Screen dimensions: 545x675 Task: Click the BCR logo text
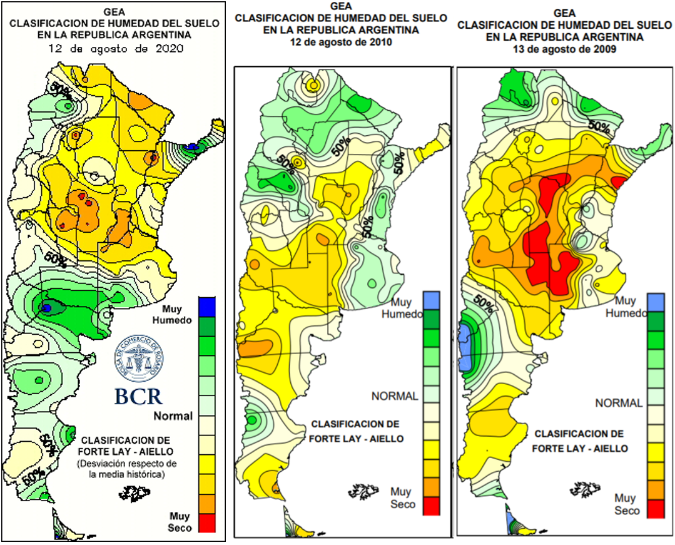[x=138, y=396]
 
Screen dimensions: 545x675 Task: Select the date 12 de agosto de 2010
[x=340, y=42]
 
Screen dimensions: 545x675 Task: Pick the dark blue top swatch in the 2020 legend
[x=207, y=305]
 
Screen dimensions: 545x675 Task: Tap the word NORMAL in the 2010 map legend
[x=394, y=396]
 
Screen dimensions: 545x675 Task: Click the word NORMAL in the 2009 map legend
[x=619, y=403]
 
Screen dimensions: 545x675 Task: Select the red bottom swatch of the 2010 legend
[x=432, y=505]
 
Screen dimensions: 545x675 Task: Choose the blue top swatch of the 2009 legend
[x=655, y=302]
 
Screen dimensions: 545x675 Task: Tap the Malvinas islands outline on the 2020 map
[x=131, y=494]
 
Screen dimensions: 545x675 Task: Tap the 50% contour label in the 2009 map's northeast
[x=599, y=127]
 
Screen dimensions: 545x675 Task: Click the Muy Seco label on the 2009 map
[x=625, y=504]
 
